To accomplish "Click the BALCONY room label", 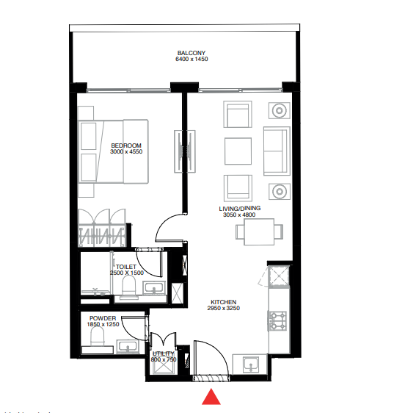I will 191,53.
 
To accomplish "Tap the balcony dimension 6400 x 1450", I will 191,60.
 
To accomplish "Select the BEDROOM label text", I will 125,146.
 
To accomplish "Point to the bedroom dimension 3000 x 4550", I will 125,152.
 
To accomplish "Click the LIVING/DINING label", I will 240,209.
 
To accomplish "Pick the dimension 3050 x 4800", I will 240,215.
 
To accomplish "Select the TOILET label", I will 125,267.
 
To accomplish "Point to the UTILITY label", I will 162,353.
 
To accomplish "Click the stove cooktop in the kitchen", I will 279,320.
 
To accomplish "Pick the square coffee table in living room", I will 238,151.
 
